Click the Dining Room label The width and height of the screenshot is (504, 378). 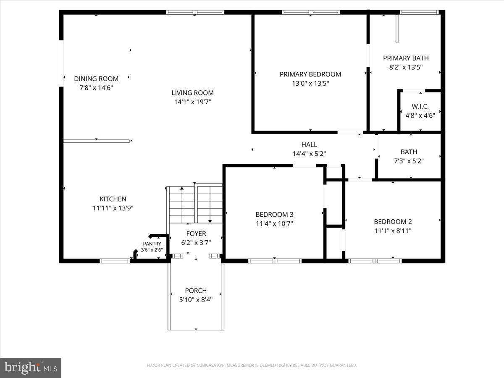coord(96,79)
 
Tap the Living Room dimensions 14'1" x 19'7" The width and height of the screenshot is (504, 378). coord(192,102)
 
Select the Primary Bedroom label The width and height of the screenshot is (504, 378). coord(310,74)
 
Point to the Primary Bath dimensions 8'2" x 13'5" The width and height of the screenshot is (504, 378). coord(406,67)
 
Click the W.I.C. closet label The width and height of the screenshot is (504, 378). coord(420,106)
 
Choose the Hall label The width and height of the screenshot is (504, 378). coord(309,145)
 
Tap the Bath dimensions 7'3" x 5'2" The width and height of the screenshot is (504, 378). coord(409,160)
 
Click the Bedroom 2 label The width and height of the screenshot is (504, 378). coord(393,222)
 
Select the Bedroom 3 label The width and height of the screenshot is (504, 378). coord(274,215)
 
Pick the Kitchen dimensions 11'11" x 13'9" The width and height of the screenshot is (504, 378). coord(113,208)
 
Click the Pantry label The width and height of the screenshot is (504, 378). coord(152,244)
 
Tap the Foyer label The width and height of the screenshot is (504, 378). coord(196,234)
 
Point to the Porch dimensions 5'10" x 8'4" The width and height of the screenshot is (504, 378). coord(196,299)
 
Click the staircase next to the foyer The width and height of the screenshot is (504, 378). coord(195,204)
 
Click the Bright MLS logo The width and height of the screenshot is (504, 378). coord(31,367)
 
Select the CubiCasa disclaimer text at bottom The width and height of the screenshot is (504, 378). coord(252,365)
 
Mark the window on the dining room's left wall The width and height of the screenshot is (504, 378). coord(61,63)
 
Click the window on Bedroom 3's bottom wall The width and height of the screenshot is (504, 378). coord(275,261)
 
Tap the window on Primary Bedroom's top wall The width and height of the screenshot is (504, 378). coord(311,13)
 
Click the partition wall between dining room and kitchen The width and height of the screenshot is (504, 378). coord(96,141)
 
